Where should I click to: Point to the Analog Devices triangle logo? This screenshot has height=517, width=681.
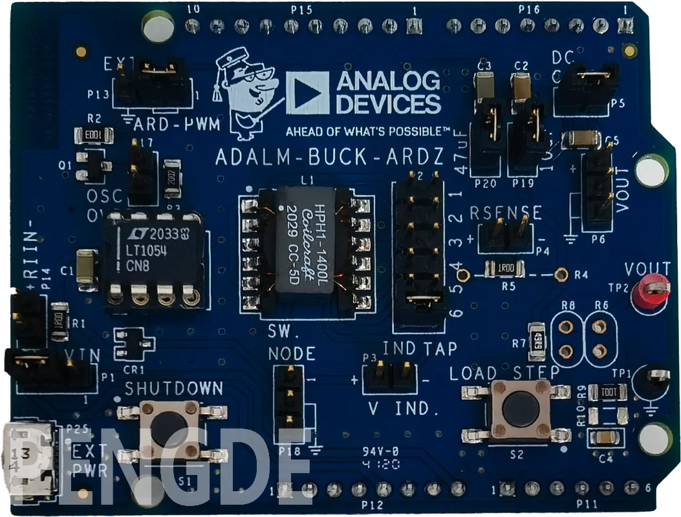(x=307, y=92)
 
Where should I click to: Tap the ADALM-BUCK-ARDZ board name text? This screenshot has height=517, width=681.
(x=329, y=157)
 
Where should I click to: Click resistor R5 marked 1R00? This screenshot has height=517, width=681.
(x=505, y=267)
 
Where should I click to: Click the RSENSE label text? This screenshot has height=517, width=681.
(x=505, y=213)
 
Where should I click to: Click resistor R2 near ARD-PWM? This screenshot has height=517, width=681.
(x=94, y=135)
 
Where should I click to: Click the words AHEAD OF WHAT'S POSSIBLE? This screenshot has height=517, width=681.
(x=367, y=132)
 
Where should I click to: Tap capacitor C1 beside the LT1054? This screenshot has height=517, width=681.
(x=85, y=267)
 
